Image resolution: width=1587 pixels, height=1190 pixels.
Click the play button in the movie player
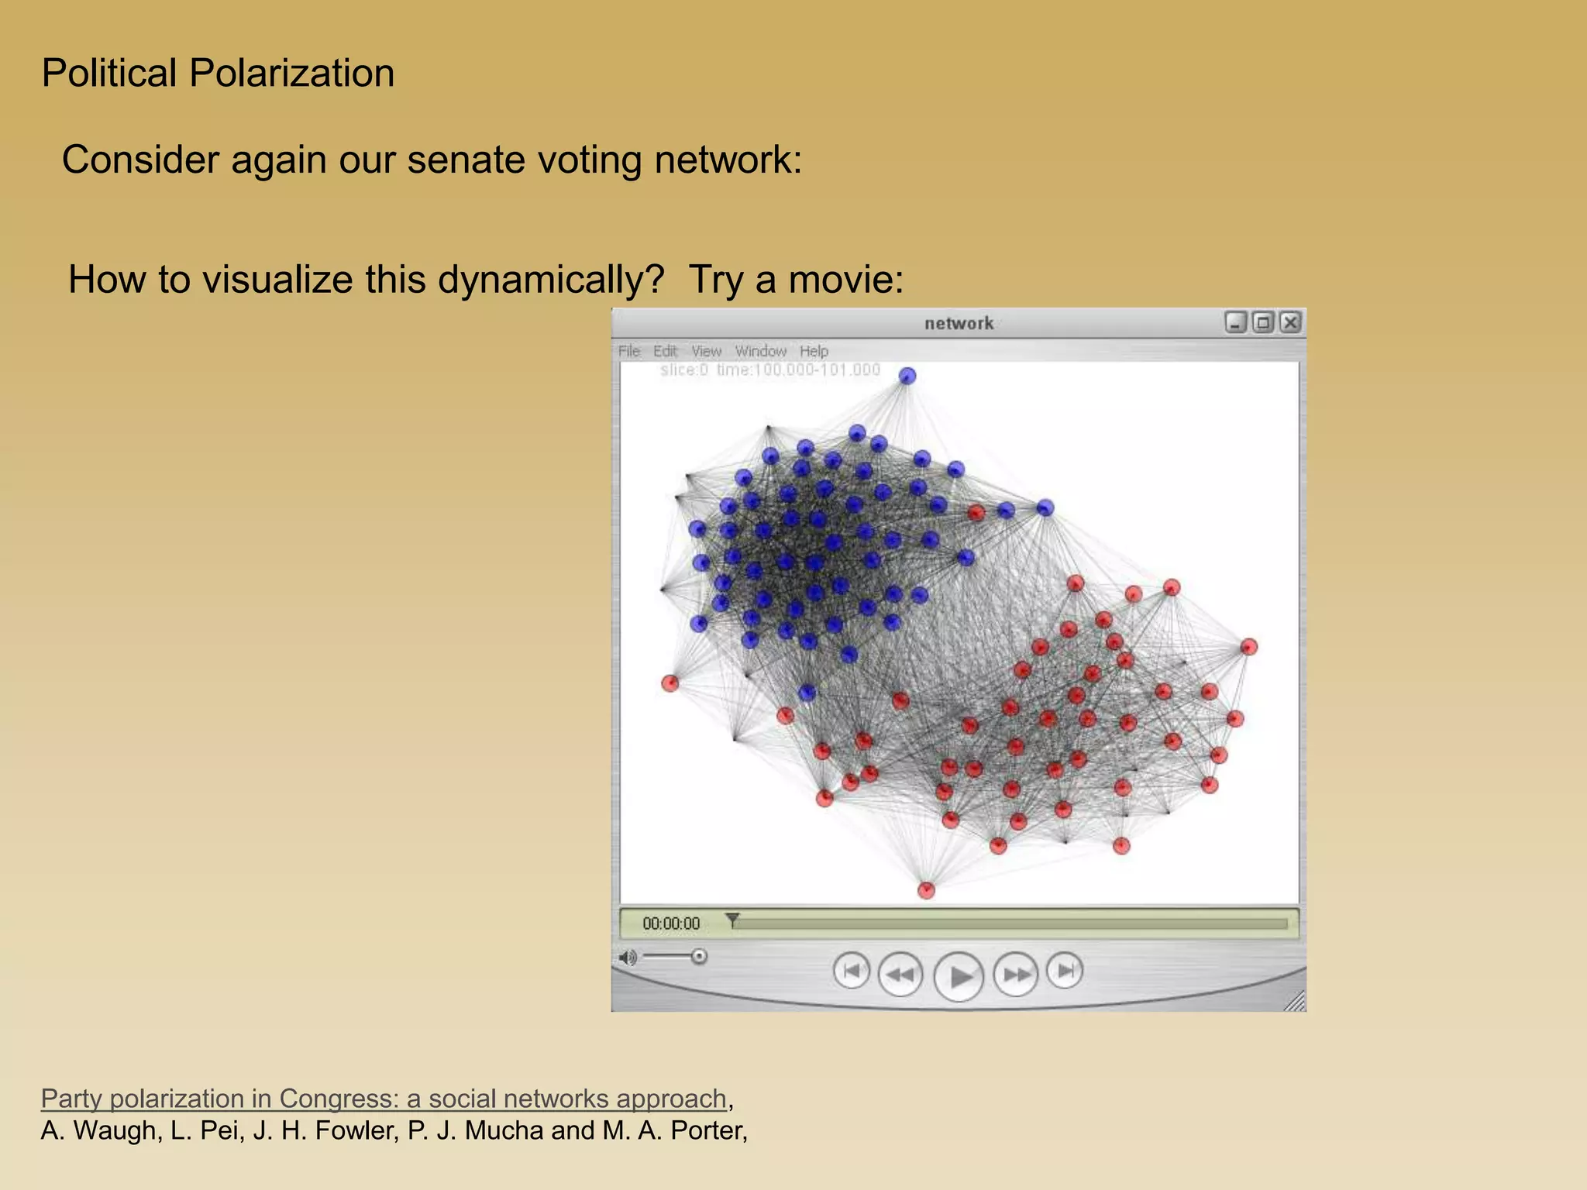coord(959,976)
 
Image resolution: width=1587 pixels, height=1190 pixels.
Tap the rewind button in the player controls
coord(900,974)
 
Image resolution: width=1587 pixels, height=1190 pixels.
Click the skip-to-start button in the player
coord(852,971)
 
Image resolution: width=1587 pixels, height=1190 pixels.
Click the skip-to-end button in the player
coord(1065,971)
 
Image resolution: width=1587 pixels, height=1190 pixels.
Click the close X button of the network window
coord(1290,322)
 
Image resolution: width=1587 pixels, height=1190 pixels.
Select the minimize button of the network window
coord(1236,322)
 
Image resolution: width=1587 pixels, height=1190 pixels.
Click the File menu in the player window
coord(629,352)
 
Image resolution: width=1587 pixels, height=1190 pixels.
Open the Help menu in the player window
coord(814,352)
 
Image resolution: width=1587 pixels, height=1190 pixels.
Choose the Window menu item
coord(760,352)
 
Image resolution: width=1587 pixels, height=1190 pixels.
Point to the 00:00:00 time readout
coord(671,923)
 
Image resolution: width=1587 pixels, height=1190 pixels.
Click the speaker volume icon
coord(628,958)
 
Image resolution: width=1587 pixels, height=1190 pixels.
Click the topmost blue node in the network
coord(907,377)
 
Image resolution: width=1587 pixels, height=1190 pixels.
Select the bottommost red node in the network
coord(926,890)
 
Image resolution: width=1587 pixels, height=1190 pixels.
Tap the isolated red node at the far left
coord(670,683)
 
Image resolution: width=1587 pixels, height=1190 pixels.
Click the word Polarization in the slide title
coord(291,74)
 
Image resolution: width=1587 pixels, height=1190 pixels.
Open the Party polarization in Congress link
coord(384,1099)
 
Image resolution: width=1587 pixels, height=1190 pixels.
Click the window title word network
coord(959,324)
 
